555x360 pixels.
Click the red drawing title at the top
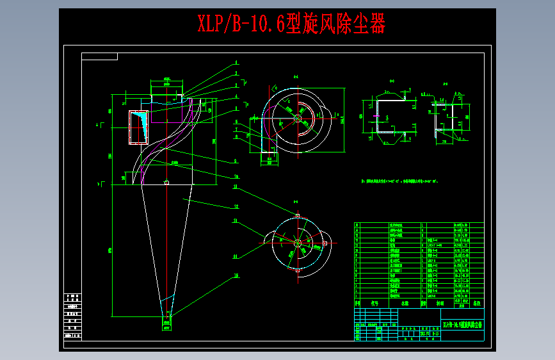coord(291,24)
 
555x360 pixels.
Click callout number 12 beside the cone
coord(236,206)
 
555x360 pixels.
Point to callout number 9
coord(236,161)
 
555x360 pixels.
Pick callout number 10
coord(236,176)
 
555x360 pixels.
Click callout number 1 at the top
coord(236,62)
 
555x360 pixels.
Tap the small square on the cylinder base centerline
coord(166,183)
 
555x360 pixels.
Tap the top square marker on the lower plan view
coord(298,215)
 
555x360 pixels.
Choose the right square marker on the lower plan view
coord(325,243)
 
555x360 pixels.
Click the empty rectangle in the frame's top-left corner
coord(99,56)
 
